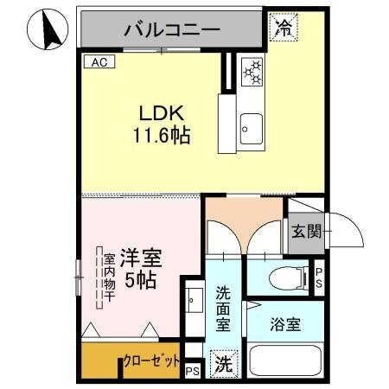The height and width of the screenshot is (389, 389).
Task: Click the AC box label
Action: [x=96, y=61]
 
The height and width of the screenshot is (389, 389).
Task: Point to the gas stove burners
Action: [x=252, y=73]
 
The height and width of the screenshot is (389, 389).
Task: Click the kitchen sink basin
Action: [x=252, y=129]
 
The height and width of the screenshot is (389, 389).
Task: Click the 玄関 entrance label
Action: [x=306, y=232]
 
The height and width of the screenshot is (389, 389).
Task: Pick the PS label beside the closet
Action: [x=192, y=372]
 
